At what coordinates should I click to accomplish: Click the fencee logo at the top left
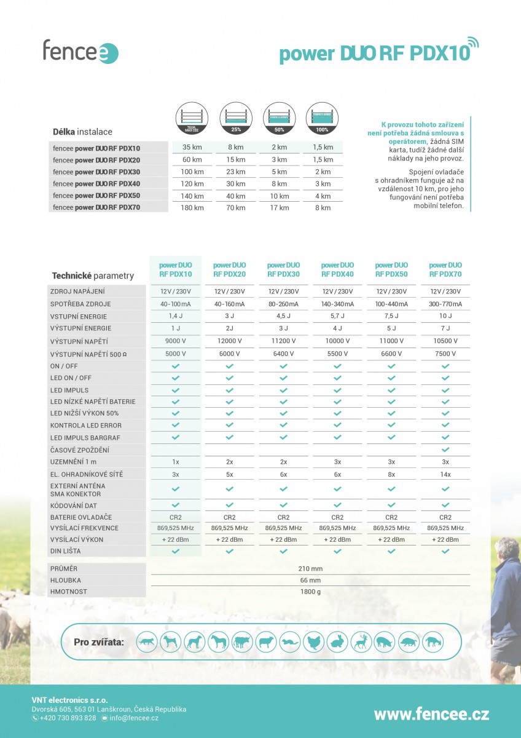tap(80, 51)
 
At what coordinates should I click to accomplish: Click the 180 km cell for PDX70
tap(192, 208)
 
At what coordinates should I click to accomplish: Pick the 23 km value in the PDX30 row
tap(236, 172)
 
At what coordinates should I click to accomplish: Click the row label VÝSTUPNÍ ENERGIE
tap(80, 328)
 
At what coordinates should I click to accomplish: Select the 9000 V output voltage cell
tap(175, 341)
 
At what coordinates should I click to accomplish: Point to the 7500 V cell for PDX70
tap(445, 354)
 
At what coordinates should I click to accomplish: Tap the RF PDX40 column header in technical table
tap(337, 269)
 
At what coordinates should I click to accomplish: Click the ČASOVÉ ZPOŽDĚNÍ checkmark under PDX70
tap(445, 450)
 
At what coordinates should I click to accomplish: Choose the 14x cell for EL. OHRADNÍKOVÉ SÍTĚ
tap(445, 474)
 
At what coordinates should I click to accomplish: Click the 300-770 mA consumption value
tap(445, 304)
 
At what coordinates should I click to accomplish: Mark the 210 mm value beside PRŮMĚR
tap(310, 568)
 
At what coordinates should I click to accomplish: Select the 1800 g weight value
tap(310, 592)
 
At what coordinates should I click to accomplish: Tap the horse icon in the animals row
tap(218, 642)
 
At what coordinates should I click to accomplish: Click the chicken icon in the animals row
tap(313, 642)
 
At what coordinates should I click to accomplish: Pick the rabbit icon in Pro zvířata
tap(337, 642)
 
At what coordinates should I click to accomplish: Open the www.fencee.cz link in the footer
tap(431, 714)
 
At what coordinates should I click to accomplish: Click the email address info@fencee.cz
tap(133, 718)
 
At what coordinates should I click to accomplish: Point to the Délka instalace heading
tap(82, 132)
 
